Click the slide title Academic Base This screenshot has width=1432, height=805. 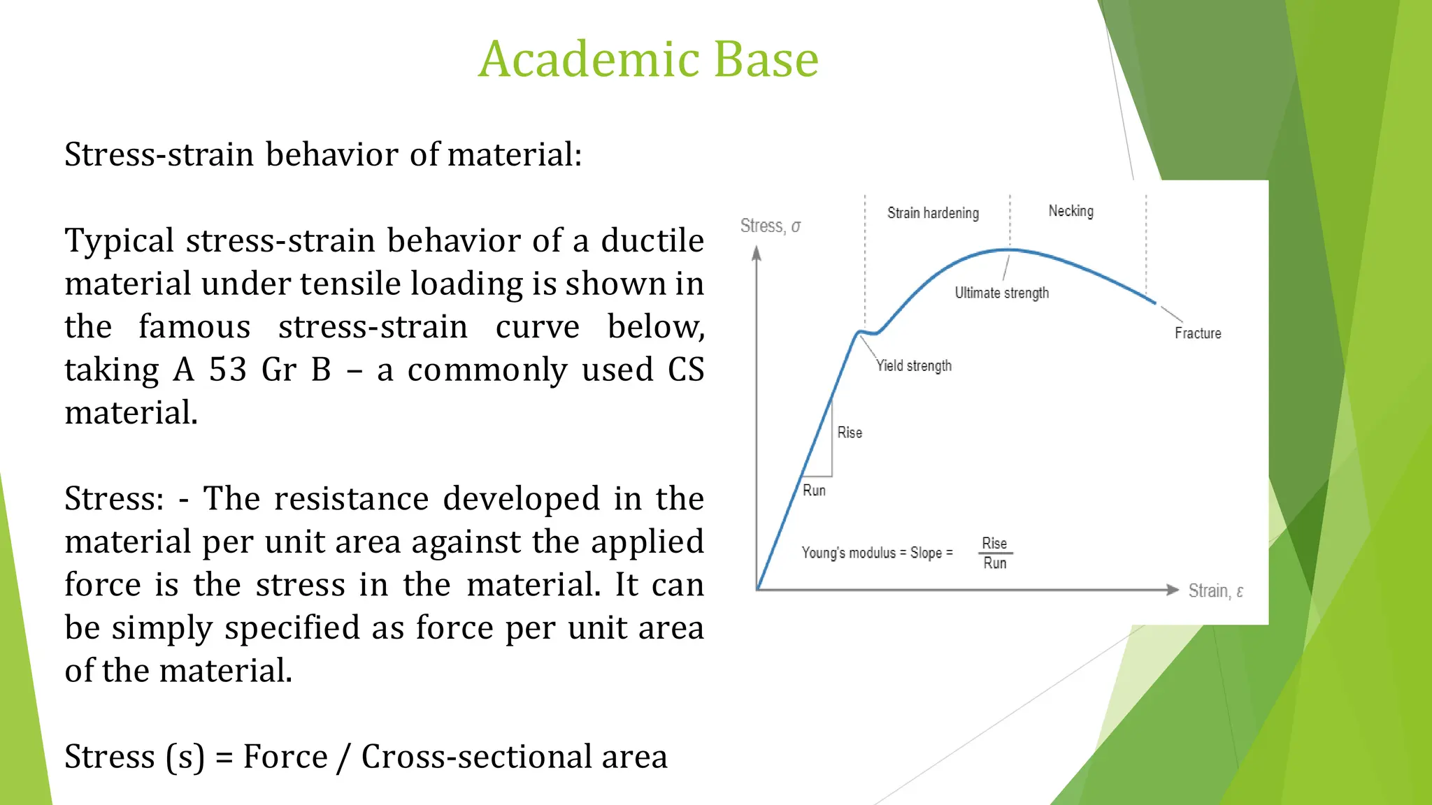[x=648, y=59]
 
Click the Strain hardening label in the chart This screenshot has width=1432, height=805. [x=933, y=213]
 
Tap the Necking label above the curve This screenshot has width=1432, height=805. [x=1071, y=211]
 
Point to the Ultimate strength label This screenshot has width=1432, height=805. [x=1001, y=293]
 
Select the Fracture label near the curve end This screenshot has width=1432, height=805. [x=1197, y=333]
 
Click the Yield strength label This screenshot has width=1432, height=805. [x=914, y=365]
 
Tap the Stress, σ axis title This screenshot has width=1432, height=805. [x=770, y=226]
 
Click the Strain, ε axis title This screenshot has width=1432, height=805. [x=1215, y=591]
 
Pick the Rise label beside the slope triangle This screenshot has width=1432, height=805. [x=850, y=433]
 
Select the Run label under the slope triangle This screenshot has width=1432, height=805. [x=814, y=491]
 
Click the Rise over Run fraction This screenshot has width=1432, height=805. [x=994, y=553]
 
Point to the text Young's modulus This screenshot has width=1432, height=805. [x=848, y=553]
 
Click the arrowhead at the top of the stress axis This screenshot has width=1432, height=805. [x=756, y=253]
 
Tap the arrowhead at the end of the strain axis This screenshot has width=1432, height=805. [x=1173, y=590]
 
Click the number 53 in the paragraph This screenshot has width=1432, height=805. [x=228, y=370]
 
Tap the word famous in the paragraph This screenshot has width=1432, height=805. [x=194, y=326]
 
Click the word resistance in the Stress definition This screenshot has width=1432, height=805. [x=351, y=499]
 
